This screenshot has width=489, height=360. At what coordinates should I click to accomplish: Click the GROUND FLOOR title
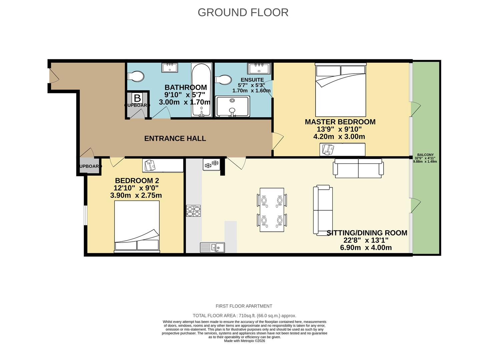pyautogui.click(x=243, y=12)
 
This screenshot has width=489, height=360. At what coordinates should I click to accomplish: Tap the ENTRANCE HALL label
pyautogui.click(x=175, y=138)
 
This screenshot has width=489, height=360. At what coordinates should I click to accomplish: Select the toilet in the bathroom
pyautogui.click(x=136, y=76)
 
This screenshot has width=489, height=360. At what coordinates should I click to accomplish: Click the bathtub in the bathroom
pyautogui.click(x=201, y=89)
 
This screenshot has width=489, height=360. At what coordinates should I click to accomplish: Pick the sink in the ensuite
pyautogui.click(x=259, y=69)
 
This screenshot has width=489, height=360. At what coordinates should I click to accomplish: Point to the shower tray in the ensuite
pyautogui.click(x=232, y=106)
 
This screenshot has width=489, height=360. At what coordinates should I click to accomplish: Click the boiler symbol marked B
pyautogui.click(x=137, y=98)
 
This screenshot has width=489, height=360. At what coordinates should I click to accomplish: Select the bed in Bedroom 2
pyautogui.click(x=137, y=226)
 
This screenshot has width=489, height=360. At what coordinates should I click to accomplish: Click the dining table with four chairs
pyautogui.click(x=272, y=210)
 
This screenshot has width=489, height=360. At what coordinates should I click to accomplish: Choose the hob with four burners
pyautogui.click(x=193, y=211)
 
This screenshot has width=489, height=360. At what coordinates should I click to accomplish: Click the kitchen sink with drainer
pyautogui.click(x=212, y=247)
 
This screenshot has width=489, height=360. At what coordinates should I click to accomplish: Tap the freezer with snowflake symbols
pyautogui.click(x=211, y=164)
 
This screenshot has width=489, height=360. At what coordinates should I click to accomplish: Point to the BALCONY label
pyautogui.click(x=425, y=155)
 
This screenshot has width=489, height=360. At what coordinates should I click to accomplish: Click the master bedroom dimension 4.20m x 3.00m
pyautogui.click(x=339, y=137)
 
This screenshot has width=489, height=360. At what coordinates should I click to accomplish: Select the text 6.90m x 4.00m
pyautogui.click(x=366, y=248)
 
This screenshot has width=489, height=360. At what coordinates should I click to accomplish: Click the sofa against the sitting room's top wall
pyautogui.click(x=358, y=168)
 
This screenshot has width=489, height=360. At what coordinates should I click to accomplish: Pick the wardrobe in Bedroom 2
pyautogui.click(x=163, y=165)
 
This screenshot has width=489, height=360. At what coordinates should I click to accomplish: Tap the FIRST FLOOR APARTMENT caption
pyautogui.click(x=244, y=306)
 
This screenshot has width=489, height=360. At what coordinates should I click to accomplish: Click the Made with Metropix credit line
pyautogui.click(x=245, y=341)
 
